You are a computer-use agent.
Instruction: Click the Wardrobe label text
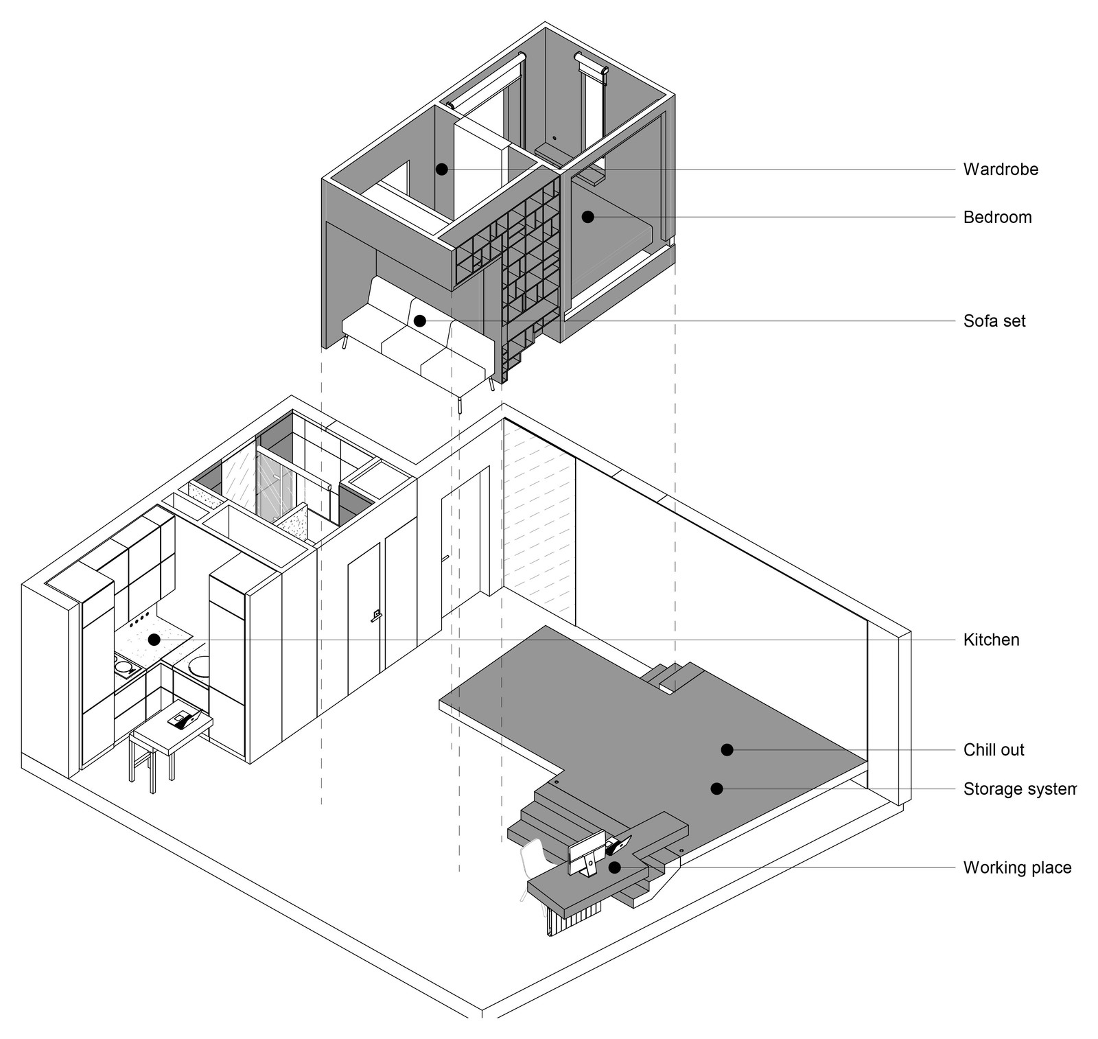(1001, 170)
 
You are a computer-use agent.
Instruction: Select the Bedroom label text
(997, 218)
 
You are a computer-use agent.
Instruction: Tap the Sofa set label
(994, 320)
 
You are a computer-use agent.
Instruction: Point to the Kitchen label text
(991, 640)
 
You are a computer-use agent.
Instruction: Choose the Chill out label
(994, 750)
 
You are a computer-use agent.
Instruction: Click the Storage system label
(1019, 789)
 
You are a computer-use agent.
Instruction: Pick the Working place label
(1017, 868)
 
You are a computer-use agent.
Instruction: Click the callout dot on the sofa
(420, 320)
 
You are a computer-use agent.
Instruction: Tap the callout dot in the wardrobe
(443, 168)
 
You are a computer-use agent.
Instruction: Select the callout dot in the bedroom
(587, 217)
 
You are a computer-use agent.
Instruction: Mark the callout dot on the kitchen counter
(154, 640)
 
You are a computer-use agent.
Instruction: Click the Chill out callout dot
(727, 750)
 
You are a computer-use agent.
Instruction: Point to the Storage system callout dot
(716, 789)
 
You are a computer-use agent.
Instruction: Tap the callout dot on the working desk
(615, 867)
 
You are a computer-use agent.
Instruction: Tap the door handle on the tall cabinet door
(375, 616)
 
